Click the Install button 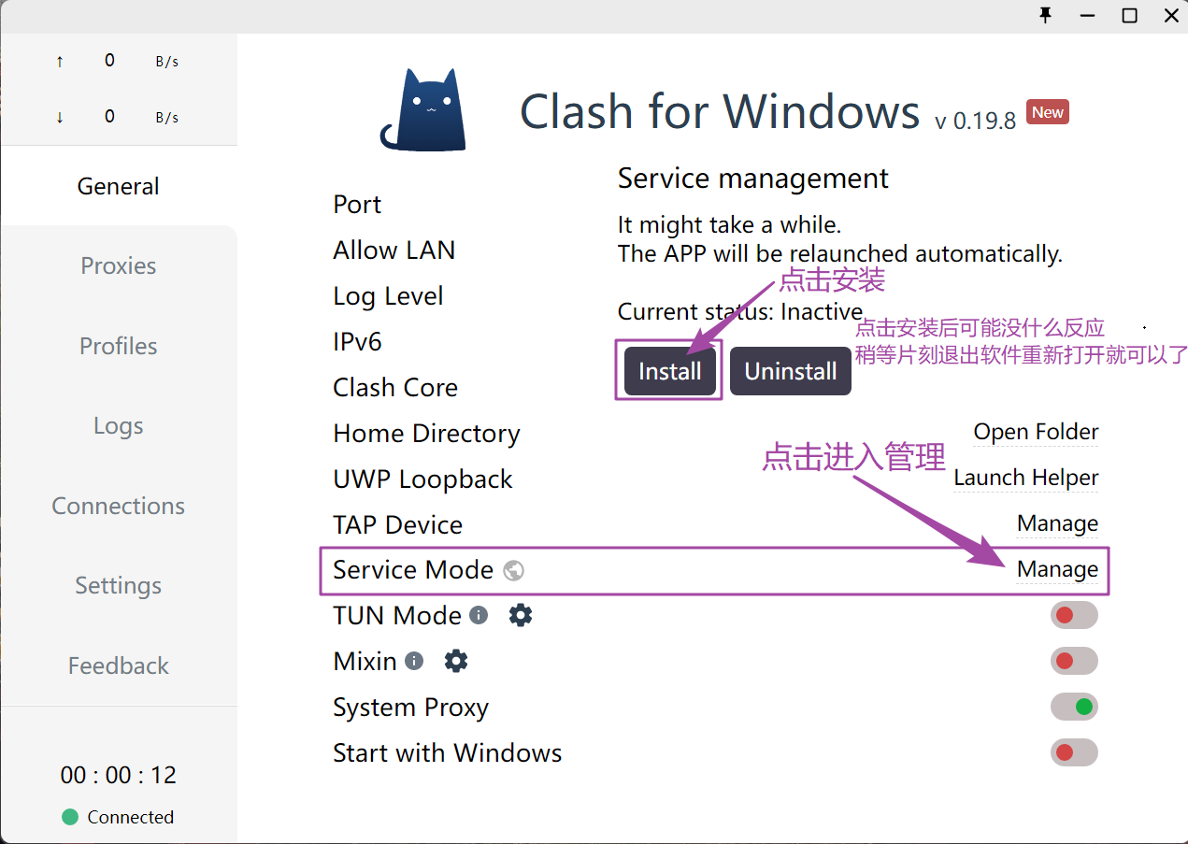click(669, 372)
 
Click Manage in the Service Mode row click(1057, 569)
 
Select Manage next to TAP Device click(1057, 523)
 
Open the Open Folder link click(1036, 432)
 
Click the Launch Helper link click(1025, 478)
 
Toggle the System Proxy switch click(1074, 707)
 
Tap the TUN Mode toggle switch click(1074, 615)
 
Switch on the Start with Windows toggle click(1074, 752)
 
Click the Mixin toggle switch click(1074, 661)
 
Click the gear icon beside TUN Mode click(521, 615)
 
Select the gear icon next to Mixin click(455, 661)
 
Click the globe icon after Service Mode click(513, 570)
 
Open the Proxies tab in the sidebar click(119, 265)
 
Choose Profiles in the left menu click(119, 346)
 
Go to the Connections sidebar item click(119, 506)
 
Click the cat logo click(424, 110)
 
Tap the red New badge click(1047, 112)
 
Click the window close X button click(1171, 16)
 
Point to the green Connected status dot click(69, 817)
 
